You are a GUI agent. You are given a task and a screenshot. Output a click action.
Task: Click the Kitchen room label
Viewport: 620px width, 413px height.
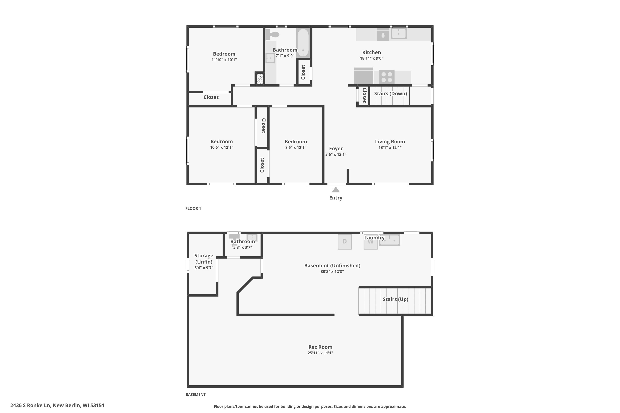tap(371, 52)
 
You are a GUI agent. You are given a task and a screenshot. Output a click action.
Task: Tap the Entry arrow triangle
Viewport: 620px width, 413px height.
tap(336, 190)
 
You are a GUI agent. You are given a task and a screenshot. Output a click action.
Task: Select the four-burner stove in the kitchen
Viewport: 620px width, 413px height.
tap(387, 77)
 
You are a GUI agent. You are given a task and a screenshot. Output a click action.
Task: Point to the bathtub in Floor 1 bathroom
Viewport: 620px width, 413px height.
tap(303, 43)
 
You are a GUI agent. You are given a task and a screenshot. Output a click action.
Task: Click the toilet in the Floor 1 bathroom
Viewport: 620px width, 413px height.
tap(272, 34)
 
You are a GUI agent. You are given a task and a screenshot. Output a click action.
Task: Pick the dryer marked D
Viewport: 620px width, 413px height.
tap(345, 242)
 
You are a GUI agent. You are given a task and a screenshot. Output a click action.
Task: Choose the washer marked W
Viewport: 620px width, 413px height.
tap(370, 242)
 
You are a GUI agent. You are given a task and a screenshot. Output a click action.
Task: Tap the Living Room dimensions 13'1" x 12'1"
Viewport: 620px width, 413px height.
tap(390, 147)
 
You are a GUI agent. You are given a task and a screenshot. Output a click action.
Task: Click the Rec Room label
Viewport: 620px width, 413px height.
tap(320, 347)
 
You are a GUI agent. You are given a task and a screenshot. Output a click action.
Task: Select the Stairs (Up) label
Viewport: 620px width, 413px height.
tap(395, 299)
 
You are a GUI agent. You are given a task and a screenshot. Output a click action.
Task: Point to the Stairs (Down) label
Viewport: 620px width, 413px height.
tap(390, 94)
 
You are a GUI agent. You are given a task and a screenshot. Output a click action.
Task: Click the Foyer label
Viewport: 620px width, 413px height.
tap(336, 148)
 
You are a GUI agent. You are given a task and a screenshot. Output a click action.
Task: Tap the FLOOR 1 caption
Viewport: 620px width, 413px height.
tap(193, 208)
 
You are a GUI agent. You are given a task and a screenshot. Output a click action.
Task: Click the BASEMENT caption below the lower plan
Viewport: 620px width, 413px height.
tap(196, 394)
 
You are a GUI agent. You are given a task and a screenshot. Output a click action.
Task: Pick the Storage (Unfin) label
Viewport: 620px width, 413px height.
tap(204, 259)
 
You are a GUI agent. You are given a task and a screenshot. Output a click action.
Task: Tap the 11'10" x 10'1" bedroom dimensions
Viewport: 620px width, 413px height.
tap(224, 60)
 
